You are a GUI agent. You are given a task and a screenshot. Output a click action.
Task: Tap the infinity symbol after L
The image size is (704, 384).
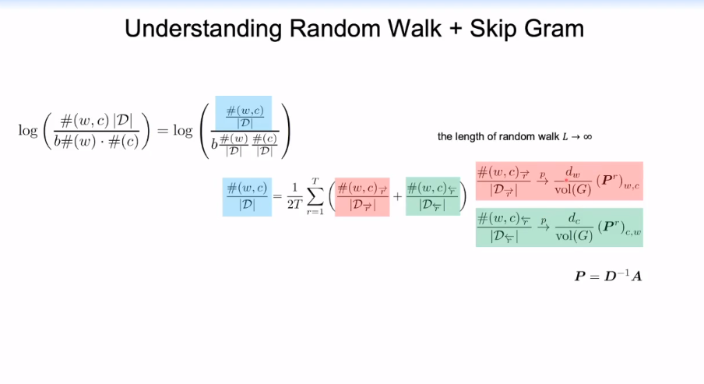[x=586, y=136]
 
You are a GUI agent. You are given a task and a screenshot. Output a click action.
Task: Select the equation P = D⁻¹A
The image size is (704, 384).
[x=607, y=276]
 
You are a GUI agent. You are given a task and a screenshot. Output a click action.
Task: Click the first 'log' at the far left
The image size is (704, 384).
[x=28, y=129]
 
